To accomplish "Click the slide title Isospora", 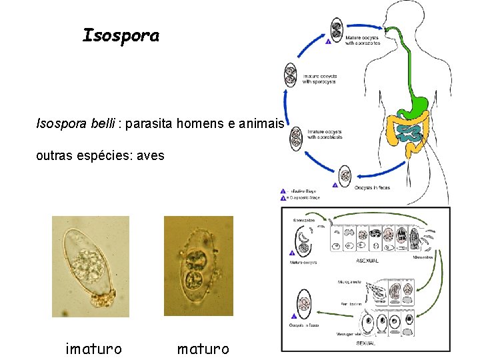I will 121,36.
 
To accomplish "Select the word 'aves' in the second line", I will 150,156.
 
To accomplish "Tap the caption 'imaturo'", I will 93,348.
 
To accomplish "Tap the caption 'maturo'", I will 203,348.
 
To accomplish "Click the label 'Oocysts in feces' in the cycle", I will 372,187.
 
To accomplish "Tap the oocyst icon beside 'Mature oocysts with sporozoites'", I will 338,30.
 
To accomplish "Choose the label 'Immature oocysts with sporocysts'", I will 319,79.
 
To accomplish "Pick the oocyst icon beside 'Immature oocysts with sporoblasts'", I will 296,137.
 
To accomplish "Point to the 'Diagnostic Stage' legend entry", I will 303,197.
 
